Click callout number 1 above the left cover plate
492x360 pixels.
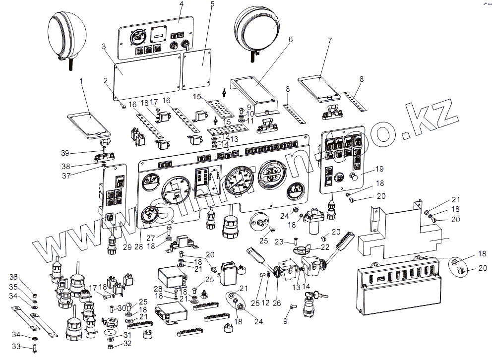click(x=81, y=80)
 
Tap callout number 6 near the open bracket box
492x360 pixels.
click(x=290, y=39)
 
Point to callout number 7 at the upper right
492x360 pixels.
click(x=330, y=39)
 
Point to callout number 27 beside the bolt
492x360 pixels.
click(x=151, y=237)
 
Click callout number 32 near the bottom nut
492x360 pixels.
click(x=128, y=343)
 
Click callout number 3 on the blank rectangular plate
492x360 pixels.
click(x=104, y=46)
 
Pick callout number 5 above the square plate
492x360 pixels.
click(x=212, y=4)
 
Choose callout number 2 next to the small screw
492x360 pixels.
click(x=106, y=80)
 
